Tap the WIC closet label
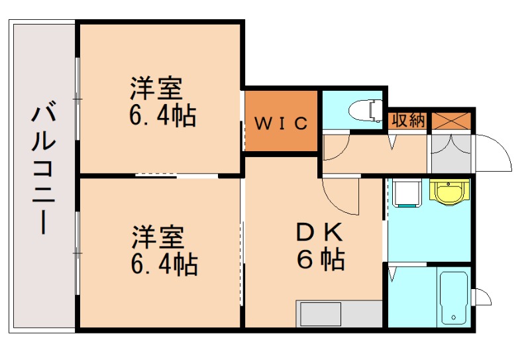(281, 123)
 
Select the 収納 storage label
(407, 120)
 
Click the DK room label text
(319, 232)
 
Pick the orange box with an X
(452, 120)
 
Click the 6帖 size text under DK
(320, 259)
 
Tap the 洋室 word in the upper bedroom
(156, 88)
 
